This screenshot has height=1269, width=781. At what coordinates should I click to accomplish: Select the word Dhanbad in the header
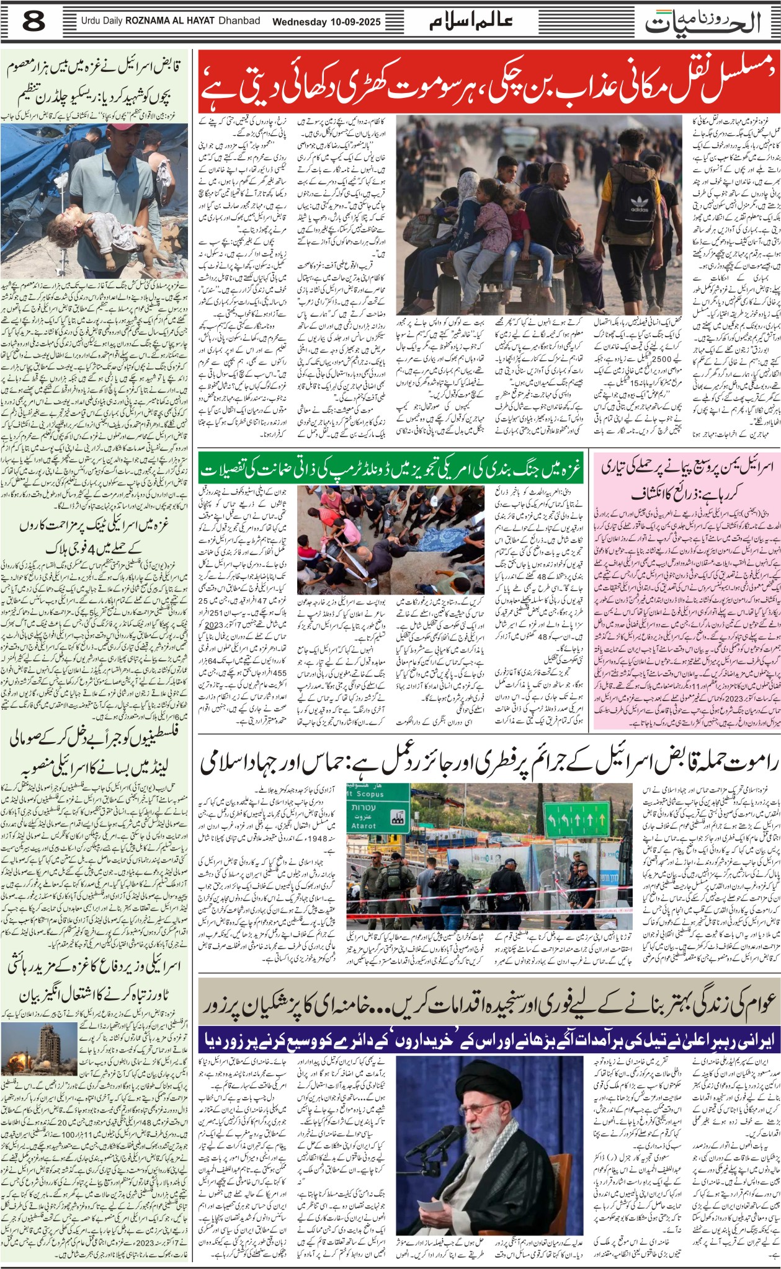(x=239, y=21)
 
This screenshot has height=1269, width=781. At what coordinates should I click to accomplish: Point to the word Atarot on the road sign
(x=365, y=826)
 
